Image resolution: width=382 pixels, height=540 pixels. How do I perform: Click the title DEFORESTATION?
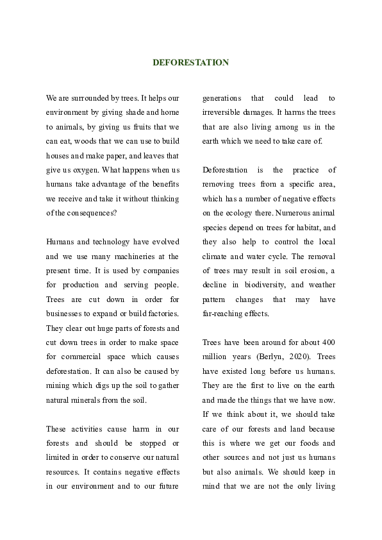pos(190,63)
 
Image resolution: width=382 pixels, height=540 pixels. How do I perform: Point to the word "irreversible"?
pos(224,113)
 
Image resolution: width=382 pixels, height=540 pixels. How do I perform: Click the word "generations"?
pos(222,98)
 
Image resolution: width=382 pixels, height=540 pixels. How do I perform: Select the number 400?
pos(328,342)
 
